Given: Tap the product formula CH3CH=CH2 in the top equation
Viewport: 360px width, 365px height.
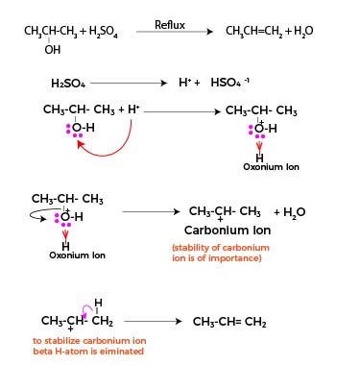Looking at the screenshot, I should pyautogui.click(x=262, y=32).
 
